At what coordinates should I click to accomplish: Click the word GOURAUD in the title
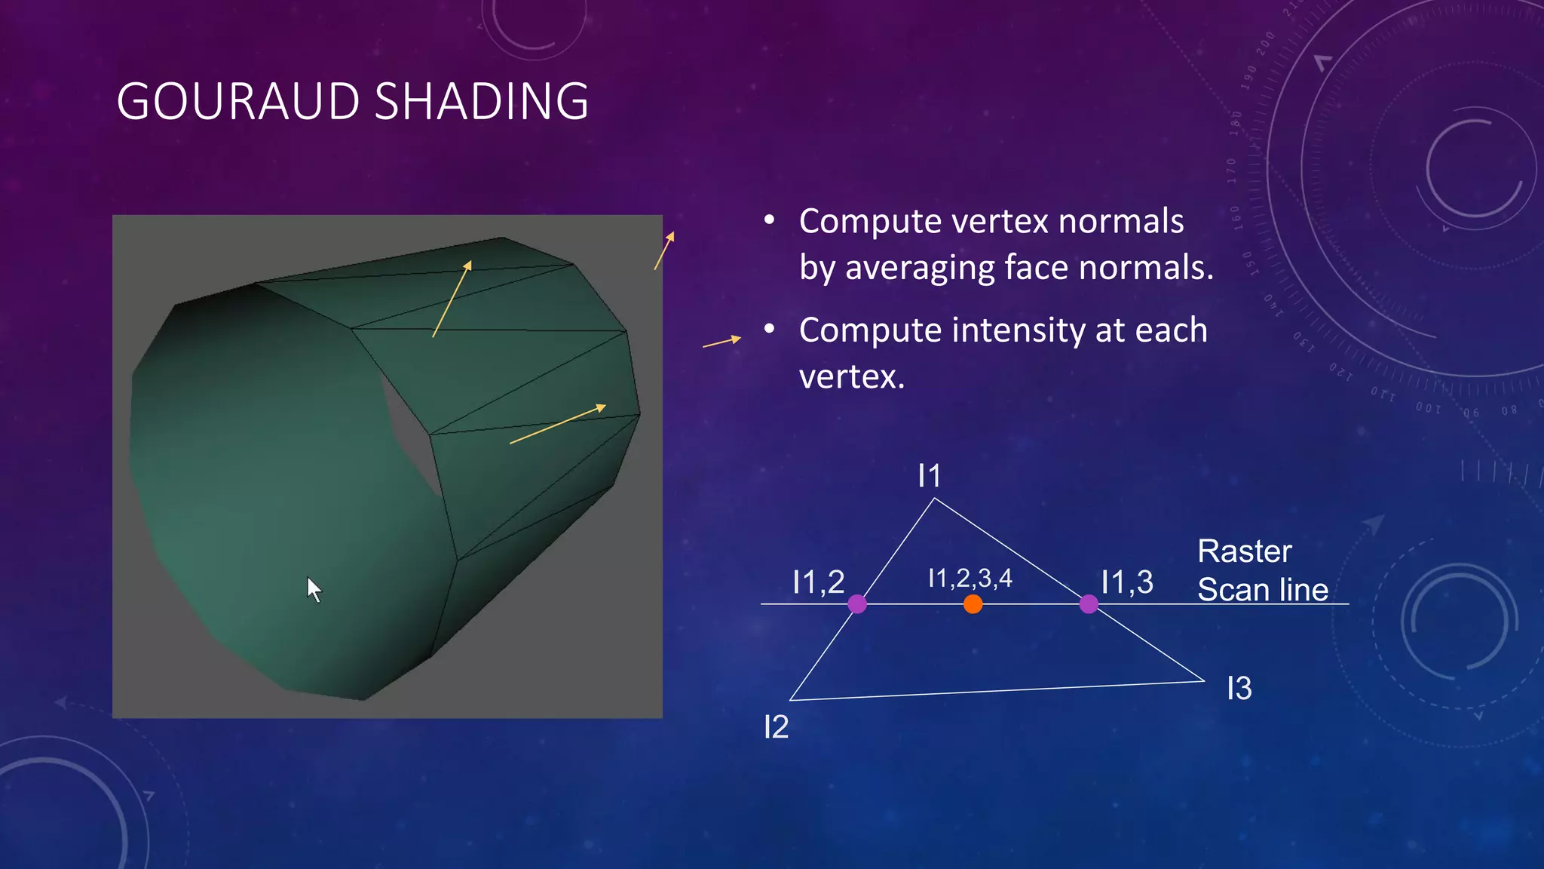point(238,102)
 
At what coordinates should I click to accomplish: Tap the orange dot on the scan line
point(973,604)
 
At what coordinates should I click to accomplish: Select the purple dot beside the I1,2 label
point(857,604)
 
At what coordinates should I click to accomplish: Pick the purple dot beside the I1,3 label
point(1089,604)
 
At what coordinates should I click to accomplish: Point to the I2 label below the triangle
point(776,727)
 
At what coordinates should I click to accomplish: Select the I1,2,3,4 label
point(970,579)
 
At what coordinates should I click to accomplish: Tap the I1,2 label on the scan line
point(818,582)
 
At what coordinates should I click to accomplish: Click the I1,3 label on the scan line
point(1126,582)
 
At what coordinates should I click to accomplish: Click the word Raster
point(1244,551)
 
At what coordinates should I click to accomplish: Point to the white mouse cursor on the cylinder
point(314,589)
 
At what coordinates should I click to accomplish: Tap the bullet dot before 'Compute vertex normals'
point(769,220)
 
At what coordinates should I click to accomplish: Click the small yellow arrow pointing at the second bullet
point(721,342)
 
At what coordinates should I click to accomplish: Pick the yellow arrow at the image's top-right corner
point(664,250)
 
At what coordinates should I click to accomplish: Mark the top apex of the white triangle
point(935,499)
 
